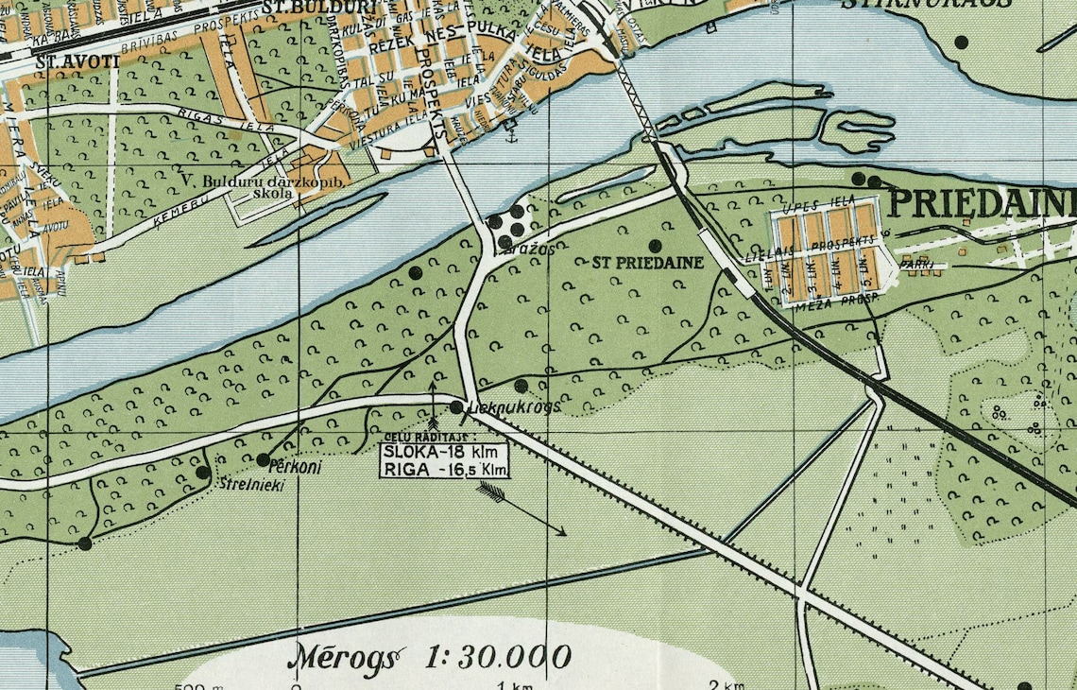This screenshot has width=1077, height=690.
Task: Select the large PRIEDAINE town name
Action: pyautogui.click(x=983, y=202)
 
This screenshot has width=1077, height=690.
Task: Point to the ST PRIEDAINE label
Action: pyautogui.click(x=648, y=263)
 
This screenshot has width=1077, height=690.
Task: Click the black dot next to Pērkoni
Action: pyautogui.click(x=263, y=459)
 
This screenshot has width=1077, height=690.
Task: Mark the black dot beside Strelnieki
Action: pyautogui.click(x=202, y=473)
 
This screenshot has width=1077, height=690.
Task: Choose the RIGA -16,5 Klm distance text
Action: pyautogui.click(x=445, y=469)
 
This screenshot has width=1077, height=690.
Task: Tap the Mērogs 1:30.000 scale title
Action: pyautogui.click(x=434, y=656)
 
